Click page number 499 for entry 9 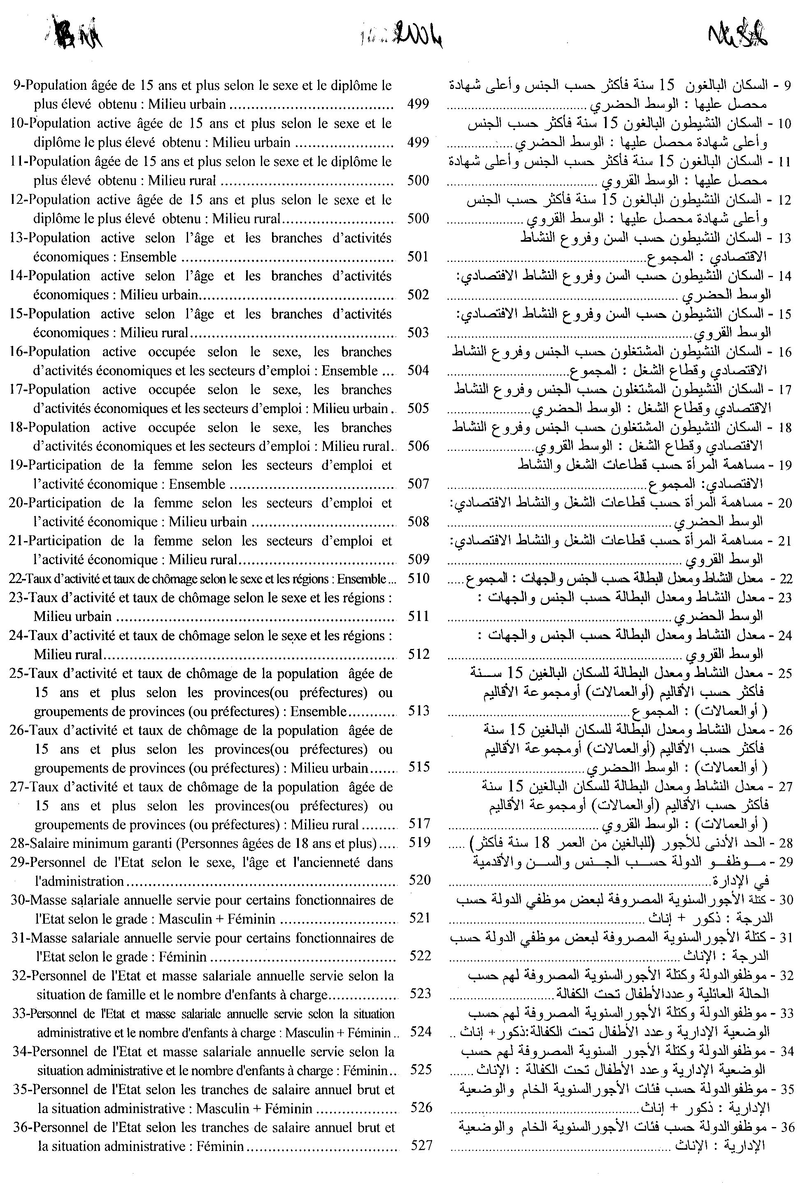point(418,104)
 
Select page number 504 point(418,370)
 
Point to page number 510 point(418,579)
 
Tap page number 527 point(421,1145)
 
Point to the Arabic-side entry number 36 point(787,1127)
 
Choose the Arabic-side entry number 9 point(788,85)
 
